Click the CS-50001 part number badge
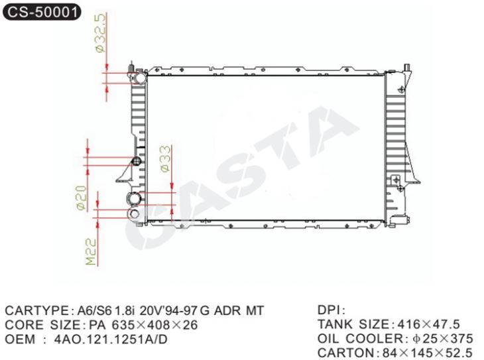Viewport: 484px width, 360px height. point(42,12)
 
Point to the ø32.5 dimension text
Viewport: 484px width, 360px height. point(101,32)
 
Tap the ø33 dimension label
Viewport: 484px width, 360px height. point(166,158)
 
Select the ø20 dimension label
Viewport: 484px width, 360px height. point(81,198)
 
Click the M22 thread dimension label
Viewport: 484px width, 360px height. point(91,251)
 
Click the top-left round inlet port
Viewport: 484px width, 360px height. point(141,78)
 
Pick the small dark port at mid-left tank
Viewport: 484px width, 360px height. point(136,160)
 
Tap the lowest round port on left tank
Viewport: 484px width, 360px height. point(135,213)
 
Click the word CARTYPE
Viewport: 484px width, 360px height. point(37,310)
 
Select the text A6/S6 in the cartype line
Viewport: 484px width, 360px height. point(93,310)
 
